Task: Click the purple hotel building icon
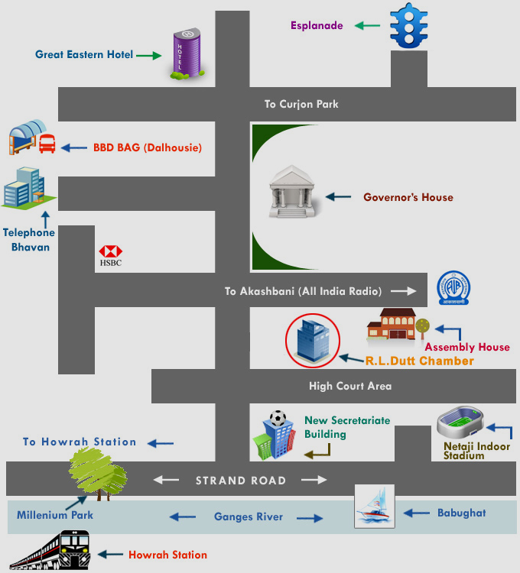click(x=187, y=53)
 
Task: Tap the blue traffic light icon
click(x=409, y=25)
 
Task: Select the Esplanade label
click(x=317, y=25)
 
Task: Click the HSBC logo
click(x=110, y=255)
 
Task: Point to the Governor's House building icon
click(x=292, y=192)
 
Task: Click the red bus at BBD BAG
click(x=47, y=144)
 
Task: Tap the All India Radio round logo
click(x=453, y=288)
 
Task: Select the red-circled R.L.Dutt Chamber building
click(x=313, y=341)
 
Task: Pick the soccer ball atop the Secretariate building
click(x=278, y=419)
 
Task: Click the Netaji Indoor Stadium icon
click(x=460, y=421)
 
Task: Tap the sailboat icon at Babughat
click(x=375, y=506)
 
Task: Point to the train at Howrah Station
click(x=50, y=550)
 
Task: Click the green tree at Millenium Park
click(x=98, y=474)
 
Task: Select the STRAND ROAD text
click(x=241, y=481)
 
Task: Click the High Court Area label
click(x=350, y=387)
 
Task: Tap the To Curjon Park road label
click(x=301, y=104)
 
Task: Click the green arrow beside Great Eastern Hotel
click(x=149, y=56)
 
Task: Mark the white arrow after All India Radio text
click(x=404, y=291)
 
